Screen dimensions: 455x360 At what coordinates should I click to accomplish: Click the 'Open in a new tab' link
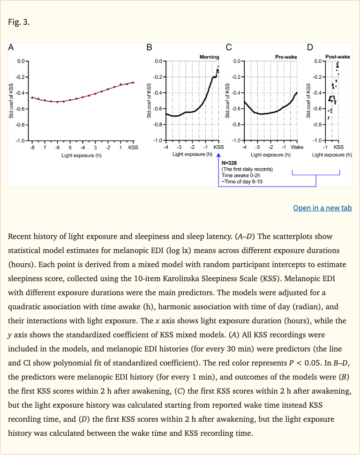coord(322,208)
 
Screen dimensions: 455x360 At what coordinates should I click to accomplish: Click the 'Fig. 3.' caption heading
coord(19,22)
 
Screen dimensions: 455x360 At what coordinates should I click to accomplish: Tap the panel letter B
coord(149,47)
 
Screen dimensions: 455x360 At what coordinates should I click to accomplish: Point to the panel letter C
coord(228,47)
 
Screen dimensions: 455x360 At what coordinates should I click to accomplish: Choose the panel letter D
coord(310,47)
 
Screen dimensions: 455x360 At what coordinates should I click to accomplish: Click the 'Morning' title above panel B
coord(209,57)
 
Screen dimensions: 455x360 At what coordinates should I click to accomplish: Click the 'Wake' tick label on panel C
coord(297,147)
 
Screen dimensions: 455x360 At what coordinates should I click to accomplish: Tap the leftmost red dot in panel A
coord(32,97)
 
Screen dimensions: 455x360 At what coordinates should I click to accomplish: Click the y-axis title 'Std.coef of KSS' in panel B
coord(149,100)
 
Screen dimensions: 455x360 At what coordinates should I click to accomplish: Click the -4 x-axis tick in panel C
coord(244,147)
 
